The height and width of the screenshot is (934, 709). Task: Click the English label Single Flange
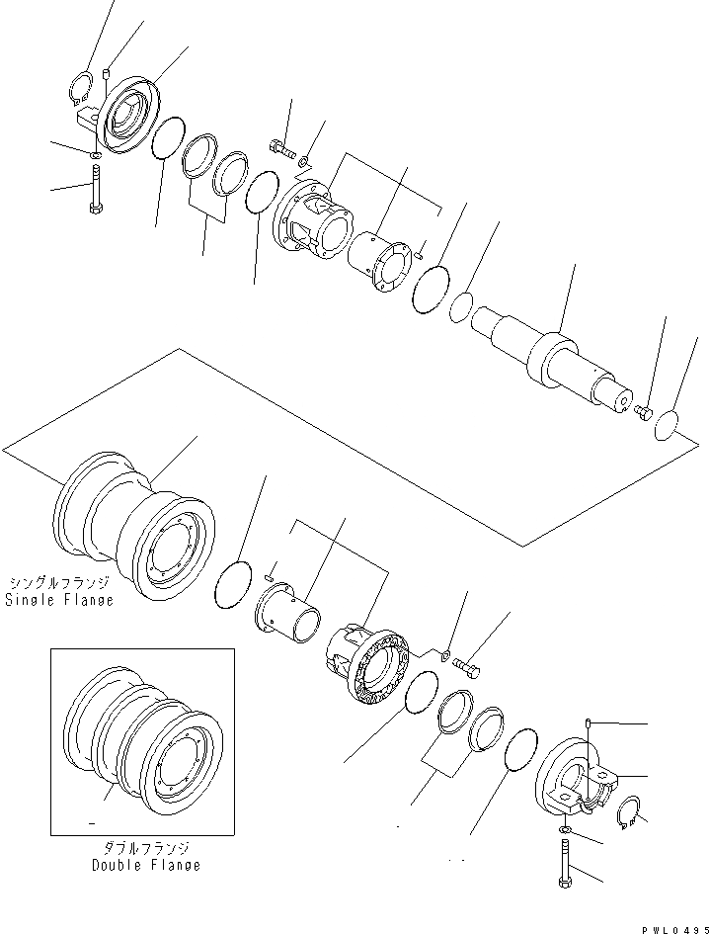point(59,599)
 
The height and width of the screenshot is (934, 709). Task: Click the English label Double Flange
point(146,865)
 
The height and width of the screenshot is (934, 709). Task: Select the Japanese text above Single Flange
point(59,583)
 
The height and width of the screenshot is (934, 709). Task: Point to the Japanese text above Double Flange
point(146,848)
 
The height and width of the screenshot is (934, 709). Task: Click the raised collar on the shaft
point(550,356)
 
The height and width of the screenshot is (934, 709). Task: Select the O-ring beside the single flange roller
point(235,583)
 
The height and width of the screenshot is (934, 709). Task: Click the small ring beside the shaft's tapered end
point(459,308)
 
